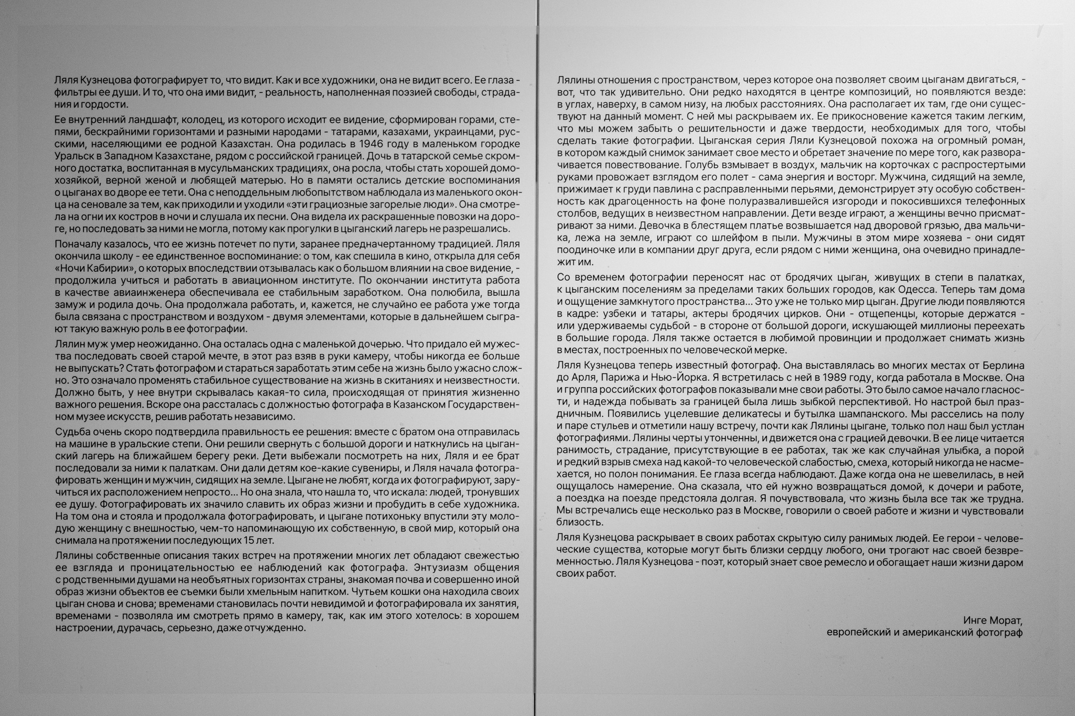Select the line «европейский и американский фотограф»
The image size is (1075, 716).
click(x=924, y=633)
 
